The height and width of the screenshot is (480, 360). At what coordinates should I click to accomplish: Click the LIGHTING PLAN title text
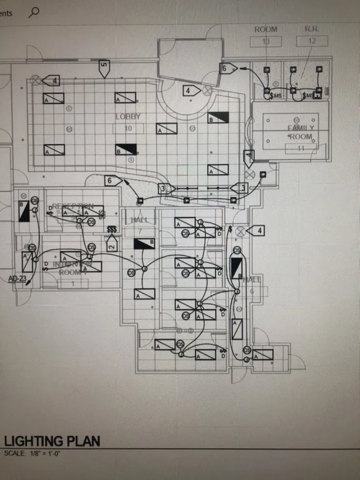pos(52,441)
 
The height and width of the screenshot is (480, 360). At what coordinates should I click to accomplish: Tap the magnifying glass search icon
pos(33,12)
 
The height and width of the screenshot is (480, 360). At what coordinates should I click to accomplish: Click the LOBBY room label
pos(128,117)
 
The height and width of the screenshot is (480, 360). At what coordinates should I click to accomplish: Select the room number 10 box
pos(128,128)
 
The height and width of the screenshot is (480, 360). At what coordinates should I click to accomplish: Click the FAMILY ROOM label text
pos(300,132)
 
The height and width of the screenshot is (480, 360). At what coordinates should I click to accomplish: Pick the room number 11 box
pos(300,148)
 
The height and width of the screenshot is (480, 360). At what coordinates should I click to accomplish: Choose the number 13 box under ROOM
pos(266,41)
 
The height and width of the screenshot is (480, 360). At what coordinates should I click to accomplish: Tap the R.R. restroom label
pos(312,29)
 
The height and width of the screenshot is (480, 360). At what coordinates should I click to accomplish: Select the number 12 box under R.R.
pos(312,41)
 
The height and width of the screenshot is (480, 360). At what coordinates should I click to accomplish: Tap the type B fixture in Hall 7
pos(144,243)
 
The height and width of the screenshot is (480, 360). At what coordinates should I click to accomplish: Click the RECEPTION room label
pos(73,206)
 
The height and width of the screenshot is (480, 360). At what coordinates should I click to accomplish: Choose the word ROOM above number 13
pos(266,29)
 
